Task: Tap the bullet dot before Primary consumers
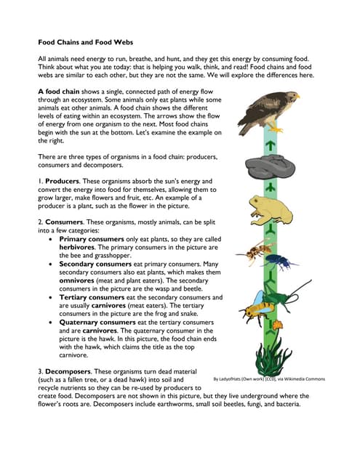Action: [x=49, y=239]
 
